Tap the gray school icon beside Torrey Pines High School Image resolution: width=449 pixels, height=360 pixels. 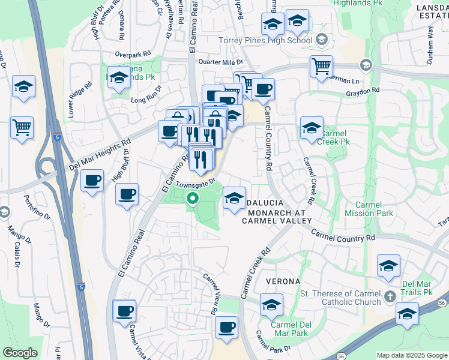pyautogui.click(x=321, y=40)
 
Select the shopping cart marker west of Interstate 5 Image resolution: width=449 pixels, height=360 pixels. pyautogui.click(x=22, y=127)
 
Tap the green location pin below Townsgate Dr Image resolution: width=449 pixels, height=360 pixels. pyautogui.click(x=192, y=198)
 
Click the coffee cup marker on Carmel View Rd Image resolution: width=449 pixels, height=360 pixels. pyautogui.click(x=226, y=327)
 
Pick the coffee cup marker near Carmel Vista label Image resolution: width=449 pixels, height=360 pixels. pyautogui.click(x=124, y=311)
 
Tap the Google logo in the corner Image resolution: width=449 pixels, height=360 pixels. pyautogui.click(x=20, y=353)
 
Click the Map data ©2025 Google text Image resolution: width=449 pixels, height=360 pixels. pyautogui.click(x=411, y=355)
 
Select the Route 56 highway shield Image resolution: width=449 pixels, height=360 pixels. pyautogui.click(x=340, y=356)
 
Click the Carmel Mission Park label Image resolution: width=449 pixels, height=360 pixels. pyautogui.click(x=369, y=209)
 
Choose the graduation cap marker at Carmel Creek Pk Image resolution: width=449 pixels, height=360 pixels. pyautogui.click(x=312, y=128)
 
